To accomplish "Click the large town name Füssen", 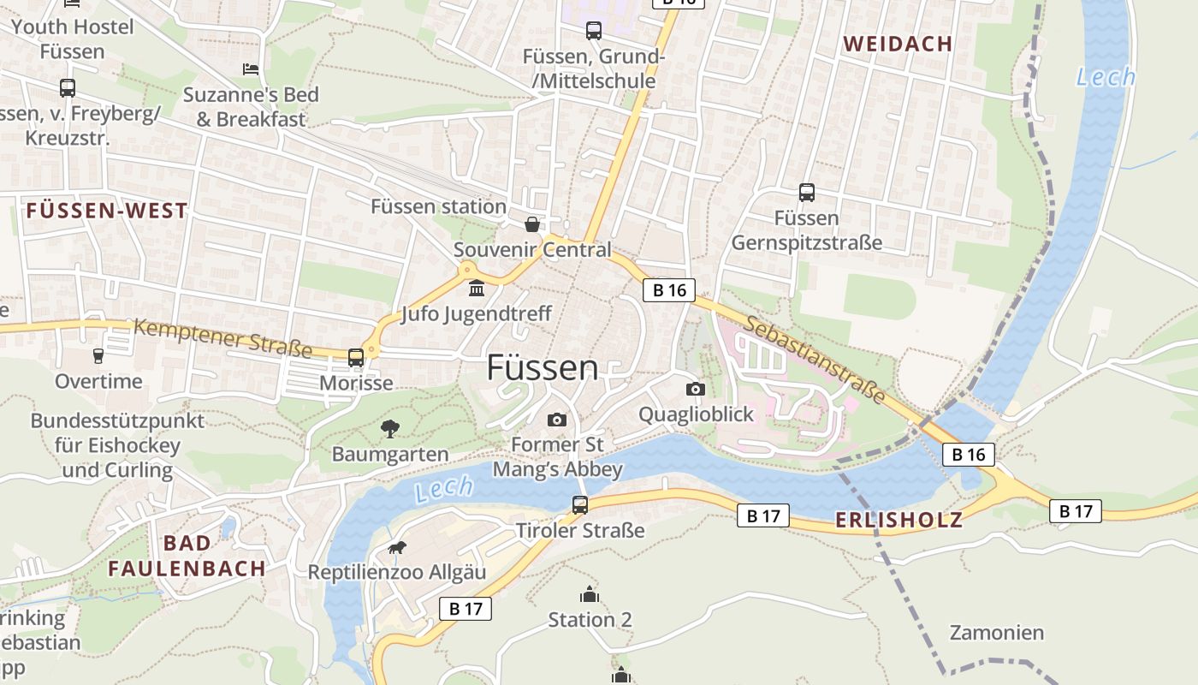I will coord(543,367).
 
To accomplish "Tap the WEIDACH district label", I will coord(898,45).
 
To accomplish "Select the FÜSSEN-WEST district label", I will coord(107,211).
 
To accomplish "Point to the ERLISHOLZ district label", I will coord(898,520).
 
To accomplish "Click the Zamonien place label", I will coord(997,633).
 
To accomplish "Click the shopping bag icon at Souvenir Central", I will coord(532,224).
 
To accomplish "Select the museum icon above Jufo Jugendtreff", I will coord(477,288).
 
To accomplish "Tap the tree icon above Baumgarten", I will coord(390,428).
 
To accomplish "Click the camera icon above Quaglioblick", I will coord(695,390).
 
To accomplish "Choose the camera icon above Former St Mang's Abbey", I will coord(557,420).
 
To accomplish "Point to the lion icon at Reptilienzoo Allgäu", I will coord(396,548).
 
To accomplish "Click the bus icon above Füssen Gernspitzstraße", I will coord(806,193).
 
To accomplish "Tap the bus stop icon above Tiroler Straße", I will coord(580,505).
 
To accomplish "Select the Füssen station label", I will coord(438,206).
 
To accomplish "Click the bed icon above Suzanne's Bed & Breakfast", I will coord(250,68).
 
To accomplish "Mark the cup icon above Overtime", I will coord(98,355).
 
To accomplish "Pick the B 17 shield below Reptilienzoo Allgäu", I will coord(466,609).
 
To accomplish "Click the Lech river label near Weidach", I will coord(1106,77).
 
